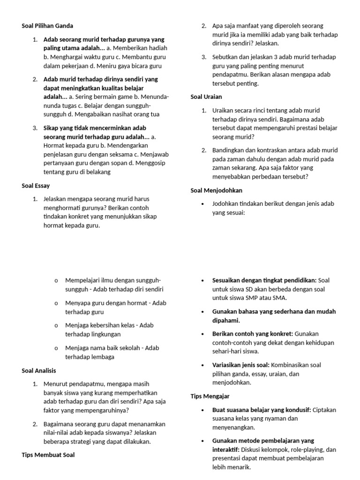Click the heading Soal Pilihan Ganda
(47, 26)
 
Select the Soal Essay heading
(36, 186)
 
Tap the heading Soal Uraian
(206, 97)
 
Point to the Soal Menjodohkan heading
(216, 190)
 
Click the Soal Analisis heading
(39, 370)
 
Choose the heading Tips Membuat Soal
(48, 455)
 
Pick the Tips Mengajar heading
(210, 396)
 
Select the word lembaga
(103, 357)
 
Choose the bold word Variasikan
(227, 365)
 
